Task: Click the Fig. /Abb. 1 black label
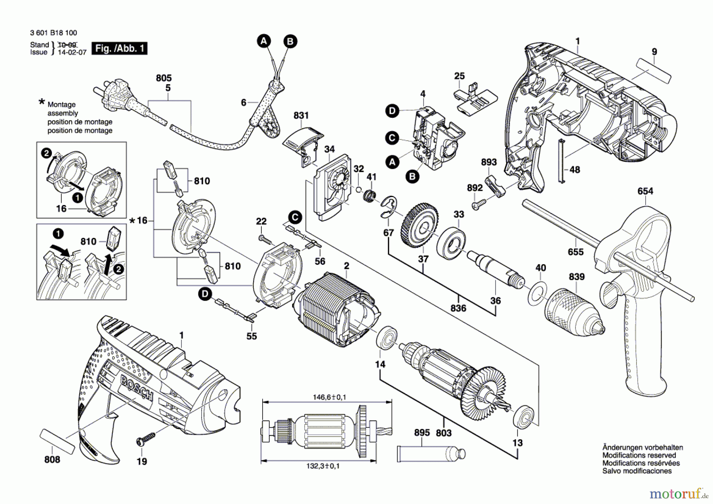[119, 48]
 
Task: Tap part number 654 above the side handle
[645, 191]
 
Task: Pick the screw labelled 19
[146, 439]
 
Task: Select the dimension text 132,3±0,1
[323, 466]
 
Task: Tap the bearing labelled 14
[387, 338]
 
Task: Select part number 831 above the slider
[301, 115]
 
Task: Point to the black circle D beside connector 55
[205, 294]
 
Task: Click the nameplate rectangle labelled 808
[57, 441]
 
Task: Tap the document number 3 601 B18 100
[53, 33]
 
